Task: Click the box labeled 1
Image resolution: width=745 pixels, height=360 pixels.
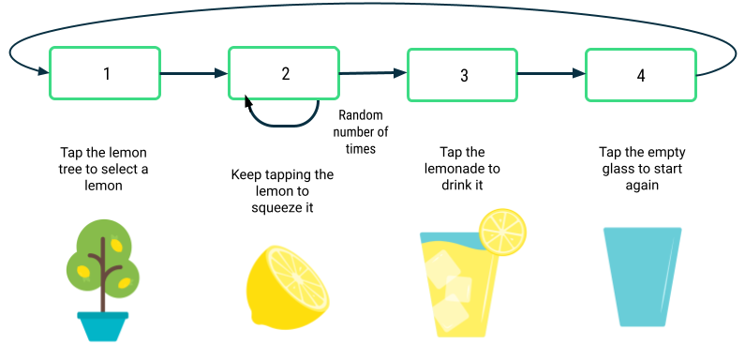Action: (105, 73)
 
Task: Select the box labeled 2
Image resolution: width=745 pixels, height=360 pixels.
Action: (284, 73)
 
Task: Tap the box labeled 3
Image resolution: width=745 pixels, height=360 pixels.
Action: (462, 74)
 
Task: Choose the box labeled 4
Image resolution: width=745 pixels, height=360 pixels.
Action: (641, 75)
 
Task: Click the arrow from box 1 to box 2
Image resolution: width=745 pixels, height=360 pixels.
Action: (194, 73)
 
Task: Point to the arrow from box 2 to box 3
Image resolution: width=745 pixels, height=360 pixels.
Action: (372, 74)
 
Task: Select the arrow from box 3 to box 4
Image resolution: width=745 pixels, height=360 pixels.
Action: (551, 74)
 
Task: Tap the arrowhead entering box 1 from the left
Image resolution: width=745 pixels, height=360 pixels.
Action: (42, 71)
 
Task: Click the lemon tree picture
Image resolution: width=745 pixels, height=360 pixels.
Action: (105, 281)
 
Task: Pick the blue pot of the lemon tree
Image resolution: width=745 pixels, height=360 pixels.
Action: (103, 327)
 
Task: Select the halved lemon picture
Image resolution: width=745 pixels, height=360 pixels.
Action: (288, 288)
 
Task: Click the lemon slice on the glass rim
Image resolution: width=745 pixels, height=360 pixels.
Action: (503, 232)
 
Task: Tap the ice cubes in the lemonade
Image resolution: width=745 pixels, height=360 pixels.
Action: (449, 291)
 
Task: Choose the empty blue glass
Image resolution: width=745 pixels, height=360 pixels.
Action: (644, 277)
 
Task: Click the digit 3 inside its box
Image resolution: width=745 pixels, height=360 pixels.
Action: (464, 76)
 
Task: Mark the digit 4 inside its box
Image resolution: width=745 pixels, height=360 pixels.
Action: (641, 76)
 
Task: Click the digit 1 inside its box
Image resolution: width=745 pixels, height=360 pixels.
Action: (107, 73)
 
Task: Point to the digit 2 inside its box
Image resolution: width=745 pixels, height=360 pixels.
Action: (286, 73)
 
